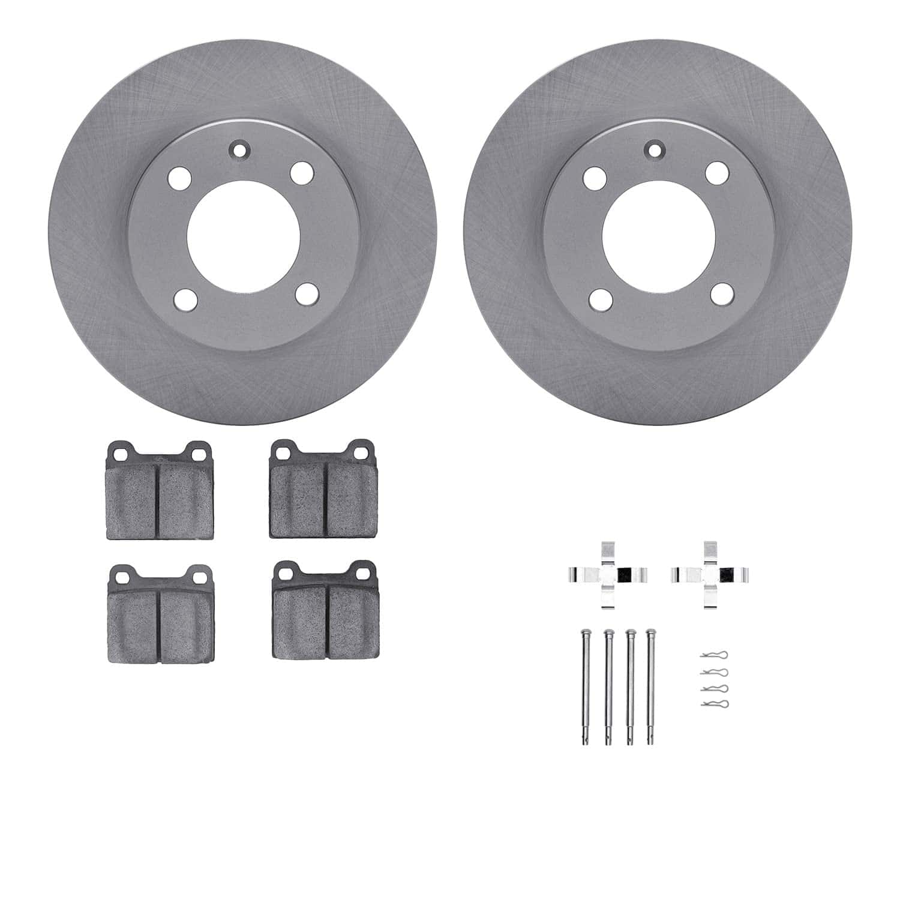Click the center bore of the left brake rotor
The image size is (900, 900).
click(x=243, y=236)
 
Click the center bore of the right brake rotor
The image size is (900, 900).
click(x=658, y=236)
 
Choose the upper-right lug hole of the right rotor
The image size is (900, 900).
click(x=717, y=172)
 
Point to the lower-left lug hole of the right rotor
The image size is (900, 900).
click(x=601, y=299)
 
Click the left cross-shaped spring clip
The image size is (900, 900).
click(x=607, y=574)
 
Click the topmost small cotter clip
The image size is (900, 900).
click(x=714, y=655)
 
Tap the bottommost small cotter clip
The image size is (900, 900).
click(x=714, y=703)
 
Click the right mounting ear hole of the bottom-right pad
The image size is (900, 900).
click(x=364, y=573)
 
